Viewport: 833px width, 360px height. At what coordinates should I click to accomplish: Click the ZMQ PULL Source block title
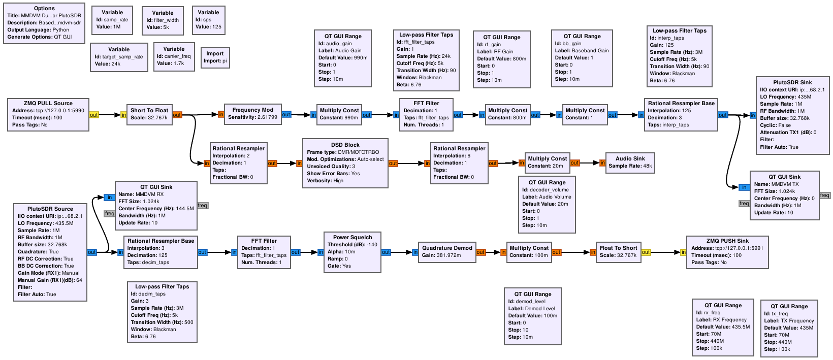48,104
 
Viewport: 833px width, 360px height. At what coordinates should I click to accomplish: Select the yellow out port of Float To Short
646,252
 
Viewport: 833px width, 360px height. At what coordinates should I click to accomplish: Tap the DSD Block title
345,145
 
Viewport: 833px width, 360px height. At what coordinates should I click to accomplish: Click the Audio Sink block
630,162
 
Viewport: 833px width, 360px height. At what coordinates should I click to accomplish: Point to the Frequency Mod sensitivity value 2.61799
267,117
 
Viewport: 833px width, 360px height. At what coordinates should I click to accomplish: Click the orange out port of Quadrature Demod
480,252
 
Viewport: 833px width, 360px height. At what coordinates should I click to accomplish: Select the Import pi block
215,58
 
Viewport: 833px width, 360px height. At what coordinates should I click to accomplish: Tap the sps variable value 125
217,27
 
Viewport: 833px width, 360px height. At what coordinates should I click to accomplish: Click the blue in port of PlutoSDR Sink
753,115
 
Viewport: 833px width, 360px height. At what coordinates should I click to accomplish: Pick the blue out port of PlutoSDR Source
92,252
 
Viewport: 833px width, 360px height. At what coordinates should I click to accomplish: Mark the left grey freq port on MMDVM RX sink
109,213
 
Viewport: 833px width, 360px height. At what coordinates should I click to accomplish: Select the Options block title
44,8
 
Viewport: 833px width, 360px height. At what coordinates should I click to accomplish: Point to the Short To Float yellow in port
123,115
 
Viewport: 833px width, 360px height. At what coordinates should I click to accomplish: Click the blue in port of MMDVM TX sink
744,187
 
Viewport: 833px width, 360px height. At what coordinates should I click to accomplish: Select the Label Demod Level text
531,308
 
